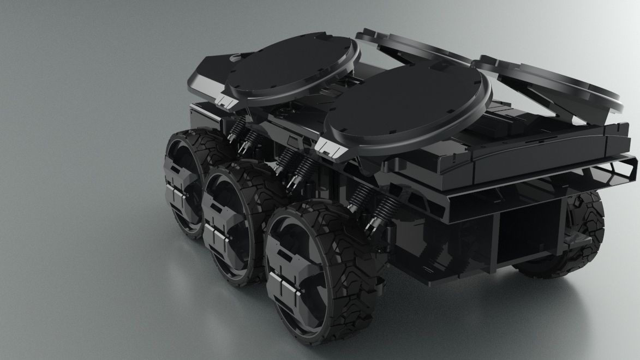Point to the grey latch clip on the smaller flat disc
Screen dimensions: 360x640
229,100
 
